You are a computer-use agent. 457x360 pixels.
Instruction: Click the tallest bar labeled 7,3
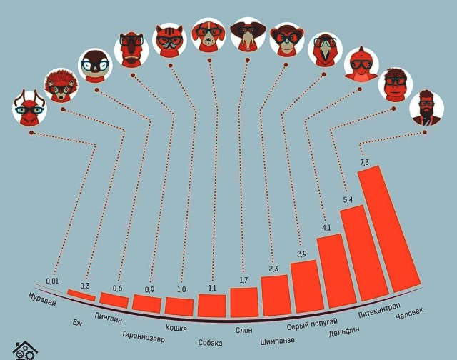(389, 229)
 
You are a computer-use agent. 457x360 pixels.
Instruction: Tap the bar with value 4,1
(336, 271)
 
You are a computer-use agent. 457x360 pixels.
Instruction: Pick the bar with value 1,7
(244, 302)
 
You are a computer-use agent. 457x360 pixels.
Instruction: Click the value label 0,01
(52, 281)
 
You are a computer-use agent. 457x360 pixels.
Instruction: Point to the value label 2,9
(302, 254)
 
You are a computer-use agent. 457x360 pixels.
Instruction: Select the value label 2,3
(273, 269)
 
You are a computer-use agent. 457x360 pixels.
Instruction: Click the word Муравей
(42, 299)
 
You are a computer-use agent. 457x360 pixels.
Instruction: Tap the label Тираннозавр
(143, 336)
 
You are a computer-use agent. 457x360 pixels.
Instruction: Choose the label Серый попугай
(312, 324)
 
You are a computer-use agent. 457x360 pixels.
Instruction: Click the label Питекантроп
(379, 311)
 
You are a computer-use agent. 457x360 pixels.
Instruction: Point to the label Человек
(409, 314)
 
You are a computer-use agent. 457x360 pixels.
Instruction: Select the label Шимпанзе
(278, 341)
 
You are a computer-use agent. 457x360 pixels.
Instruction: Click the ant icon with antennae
(29, 108)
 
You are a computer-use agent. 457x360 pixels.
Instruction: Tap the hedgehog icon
(61, 86)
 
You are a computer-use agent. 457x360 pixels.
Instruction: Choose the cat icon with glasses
(169, 41)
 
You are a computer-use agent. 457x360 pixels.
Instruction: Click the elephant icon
(248, 35)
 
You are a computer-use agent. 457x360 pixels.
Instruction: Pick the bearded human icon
(427, 108)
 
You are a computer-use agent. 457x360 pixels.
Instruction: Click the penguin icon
(95, 66)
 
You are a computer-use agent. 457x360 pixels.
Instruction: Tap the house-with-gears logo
(25, 351)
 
